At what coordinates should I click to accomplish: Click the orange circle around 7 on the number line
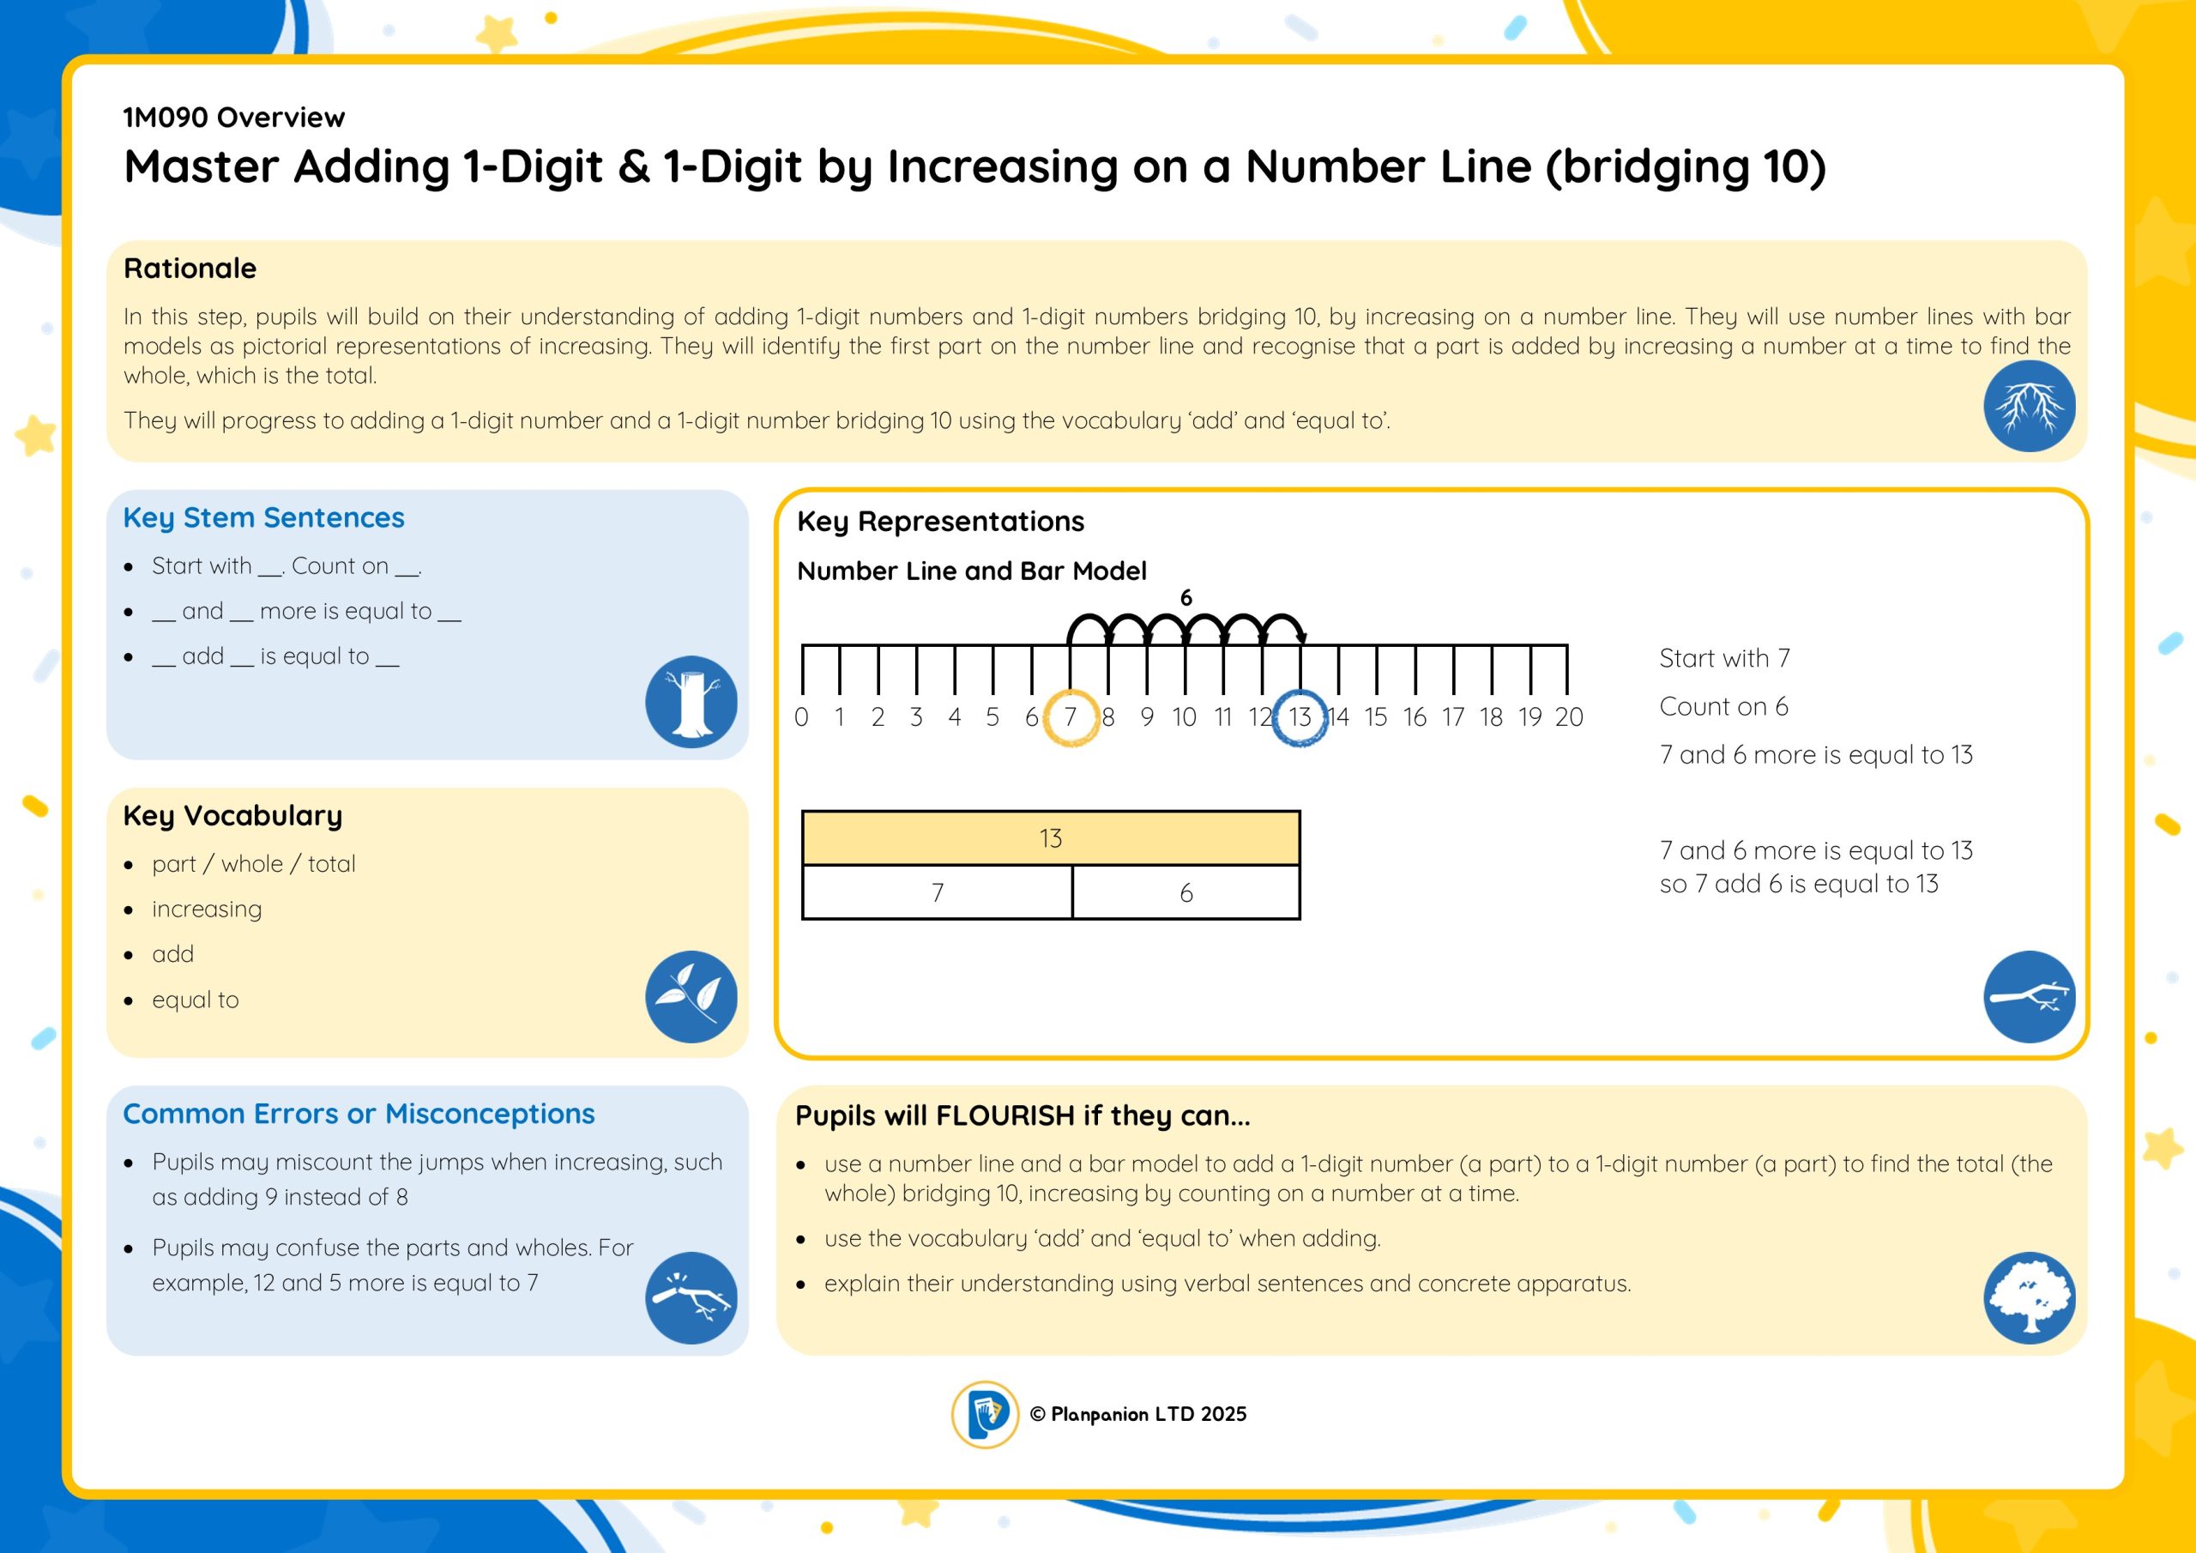1071,716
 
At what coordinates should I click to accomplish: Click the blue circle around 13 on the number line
1299,716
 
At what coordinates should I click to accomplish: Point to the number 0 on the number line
800,716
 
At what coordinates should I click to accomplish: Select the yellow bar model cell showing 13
1050,838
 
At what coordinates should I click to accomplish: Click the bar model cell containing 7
938,892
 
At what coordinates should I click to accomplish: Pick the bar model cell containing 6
1186,892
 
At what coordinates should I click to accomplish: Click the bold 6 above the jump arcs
1186,598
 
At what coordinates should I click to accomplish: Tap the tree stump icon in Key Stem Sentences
691,701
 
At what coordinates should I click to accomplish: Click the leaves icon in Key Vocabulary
691,996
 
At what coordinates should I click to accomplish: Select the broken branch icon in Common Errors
691,1297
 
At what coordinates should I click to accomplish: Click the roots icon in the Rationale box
2029,406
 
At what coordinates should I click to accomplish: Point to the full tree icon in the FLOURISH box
2029,1297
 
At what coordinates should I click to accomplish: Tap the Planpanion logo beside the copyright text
984,1413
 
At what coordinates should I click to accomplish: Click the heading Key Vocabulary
232,815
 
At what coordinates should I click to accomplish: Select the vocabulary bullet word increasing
207,909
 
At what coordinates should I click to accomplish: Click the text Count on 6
1722,706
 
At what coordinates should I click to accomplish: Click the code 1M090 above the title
166,118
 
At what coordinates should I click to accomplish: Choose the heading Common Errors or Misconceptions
359,1114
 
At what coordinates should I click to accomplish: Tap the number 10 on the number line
1184,716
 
